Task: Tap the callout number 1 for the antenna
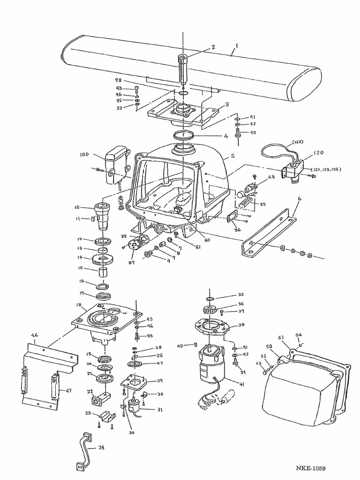pyautogui.click(x=237, y=46)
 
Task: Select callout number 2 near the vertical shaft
pyautogui.click(x=213, y=47)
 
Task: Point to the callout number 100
pyautogui.click(x=84, y=154)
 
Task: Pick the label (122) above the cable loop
pyautogui.click(x=298, y=142)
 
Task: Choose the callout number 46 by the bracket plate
pyautogui.click(x=34, y=336)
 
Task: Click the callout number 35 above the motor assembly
pyautogui.click(x=241, y=295)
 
